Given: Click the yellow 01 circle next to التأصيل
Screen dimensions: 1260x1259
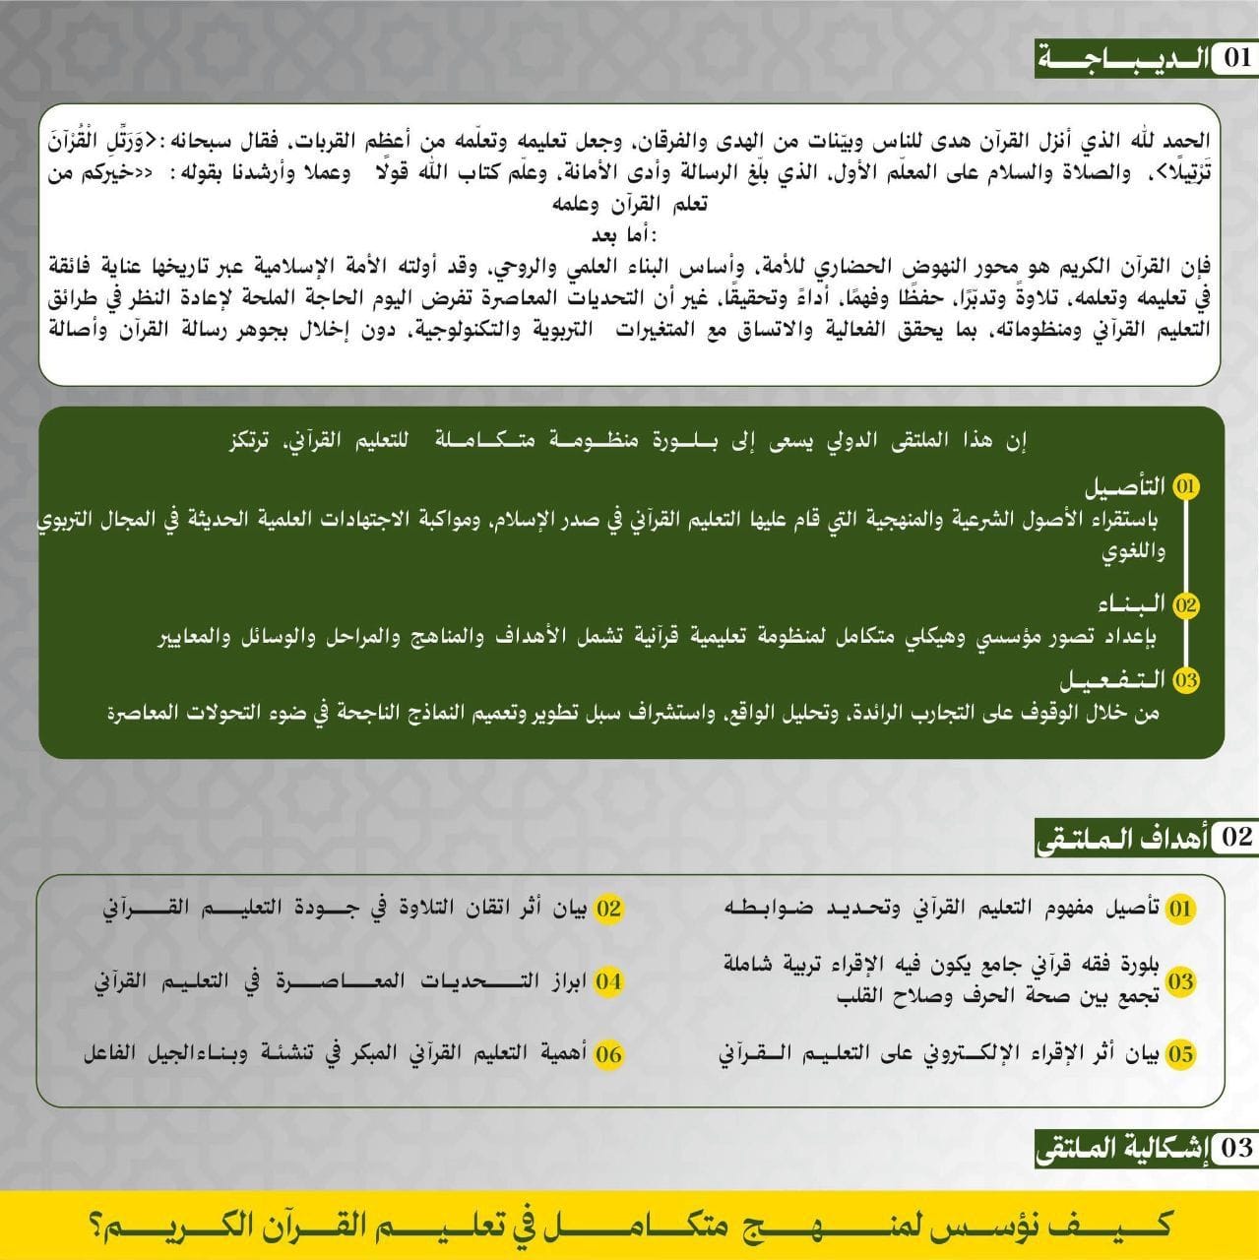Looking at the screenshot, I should [x=1187, y=487].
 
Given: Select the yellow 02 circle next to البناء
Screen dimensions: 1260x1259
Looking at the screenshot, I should [x=1186, y=604].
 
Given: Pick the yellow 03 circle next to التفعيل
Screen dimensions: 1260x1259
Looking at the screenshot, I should [x=1187, y=680].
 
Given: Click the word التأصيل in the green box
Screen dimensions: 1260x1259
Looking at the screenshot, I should [x=1126, y=487].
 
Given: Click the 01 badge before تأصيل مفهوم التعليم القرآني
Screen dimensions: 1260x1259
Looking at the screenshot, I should [x=1180, y=908].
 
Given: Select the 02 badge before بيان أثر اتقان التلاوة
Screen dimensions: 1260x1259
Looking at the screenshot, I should [x=609, y=908].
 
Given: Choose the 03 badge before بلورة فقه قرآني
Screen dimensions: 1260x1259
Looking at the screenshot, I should [x=1180, y=981].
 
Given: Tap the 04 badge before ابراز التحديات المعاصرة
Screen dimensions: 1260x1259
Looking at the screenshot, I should [x=609, y=981].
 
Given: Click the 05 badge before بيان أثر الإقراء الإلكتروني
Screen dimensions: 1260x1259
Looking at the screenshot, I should [x=1180, y=1054].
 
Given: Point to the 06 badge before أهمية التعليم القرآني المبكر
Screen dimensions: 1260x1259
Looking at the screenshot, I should [x=609, y=1054].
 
